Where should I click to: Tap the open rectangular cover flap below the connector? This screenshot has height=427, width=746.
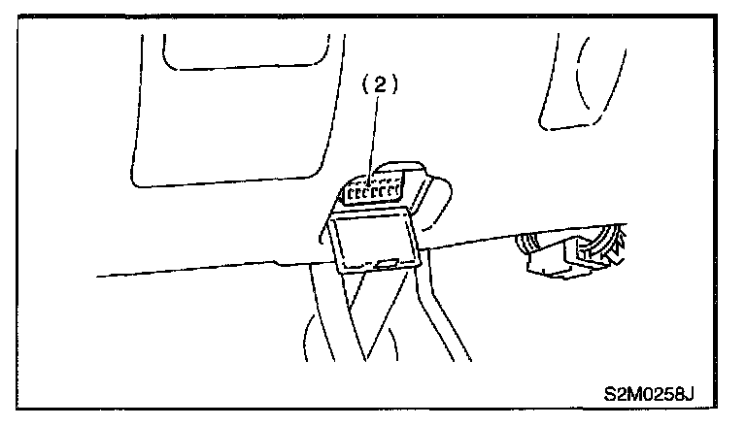click(374, 241)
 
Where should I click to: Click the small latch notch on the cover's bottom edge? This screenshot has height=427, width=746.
click(387, 263)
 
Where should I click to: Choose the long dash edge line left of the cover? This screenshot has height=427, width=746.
click(194, 270)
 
